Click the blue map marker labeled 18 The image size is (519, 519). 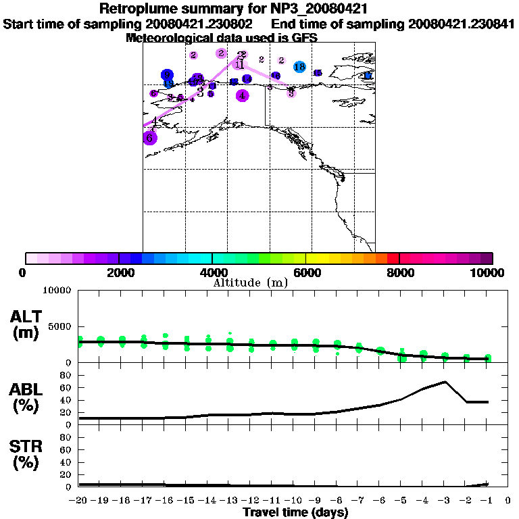pyautogui.click(x=299, y=67)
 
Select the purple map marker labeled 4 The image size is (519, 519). pyautogui.click(x=242, y=95)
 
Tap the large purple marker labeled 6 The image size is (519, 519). pyautogui.click(x=150, y=138)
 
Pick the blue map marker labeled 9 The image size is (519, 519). pyautogui.click(x=167, y=75)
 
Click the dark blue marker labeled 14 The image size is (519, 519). pyautogui.click(x=247, y=79)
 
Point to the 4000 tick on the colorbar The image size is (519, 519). pyautogui.click(x=212, y=258)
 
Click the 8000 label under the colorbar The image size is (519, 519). pyautogui.click(x=399, y=273)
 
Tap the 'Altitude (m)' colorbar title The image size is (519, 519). pyautogui.click(x=250, y=282)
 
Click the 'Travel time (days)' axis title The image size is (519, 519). pyautogui.click(x=295, y=513)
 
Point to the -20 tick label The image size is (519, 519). pyautogui.click(x=79, y=501)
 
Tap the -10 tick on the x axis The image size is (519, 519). pyautogui.click(x=294, y=501)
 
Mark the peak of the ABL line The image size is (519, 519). pyautogui.click(x=445, y=381)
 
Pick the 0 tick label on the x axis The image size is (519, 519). pyautogui.click(x=508, y=501)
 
